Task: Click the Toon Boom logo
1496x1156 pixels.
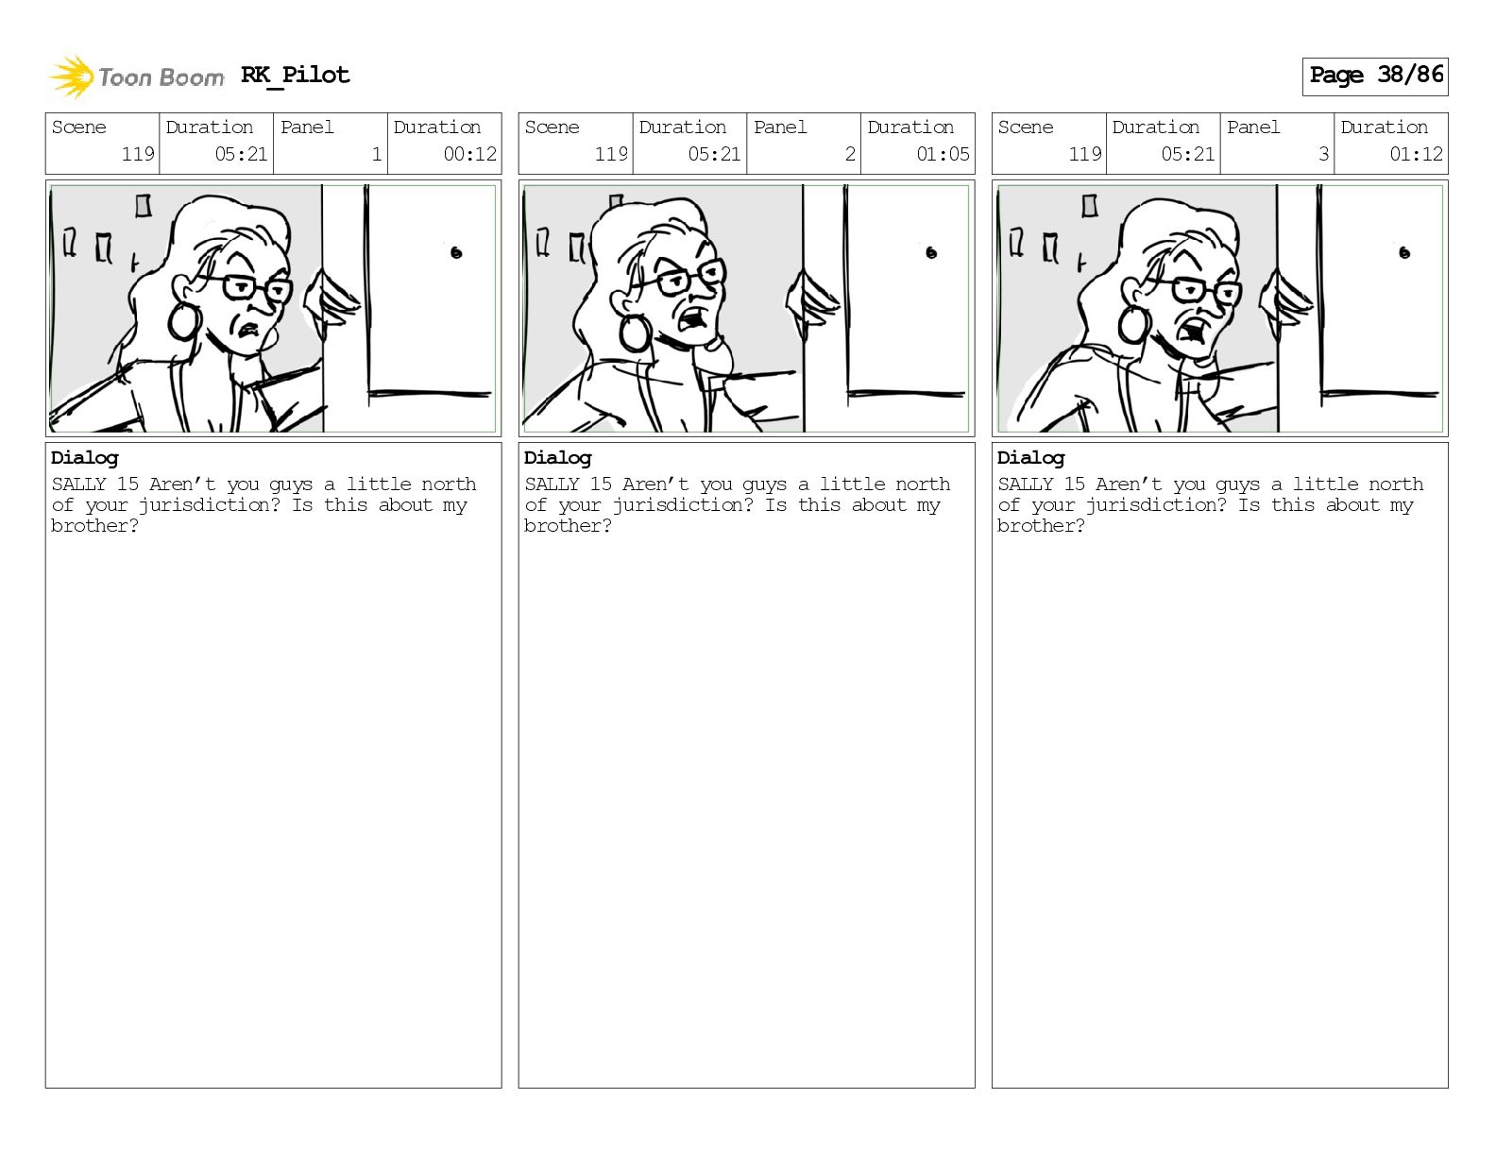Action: pyautogui.click(x=136, y=76)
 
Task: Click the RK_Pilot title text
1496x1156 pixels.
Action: pyautogui.click(x=296, y=75)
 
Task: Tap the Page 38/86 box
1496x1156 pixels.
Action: pyautogui.click(x=1375, y=76)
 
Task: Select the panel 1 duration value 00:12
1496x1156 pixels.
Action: pyautogui.click(x=470, y=154)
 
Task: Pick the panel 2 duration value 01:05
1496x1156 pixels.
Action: pyautogui.click(x=943, y=154)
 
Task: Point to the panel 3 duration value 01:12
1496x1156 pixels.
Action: pyautogui.click(x=1416, y=154)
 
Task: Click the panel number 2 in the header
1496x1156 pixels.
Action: pyautogui.click(x=850, y=154)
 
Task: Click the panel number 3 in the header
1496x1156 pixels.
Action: pyautogui.click(x=1323, y=154)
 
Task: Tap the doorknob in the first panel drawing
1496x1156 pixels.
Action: pyautogui.click(x=456, y=253)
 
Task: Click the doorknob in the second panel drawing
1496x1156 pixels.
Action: pyautogui.click(x=931, y=253)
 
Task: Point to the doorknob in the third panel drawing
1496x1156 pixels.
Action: pyautogui.click(x=1404, y=253)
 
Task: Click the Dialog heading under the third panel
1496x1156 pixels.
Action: pyautogui.click(x=1030, y=458)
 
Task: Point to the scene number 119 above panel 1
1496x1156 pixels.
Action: pyautogui.click(x=138, y=154)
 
